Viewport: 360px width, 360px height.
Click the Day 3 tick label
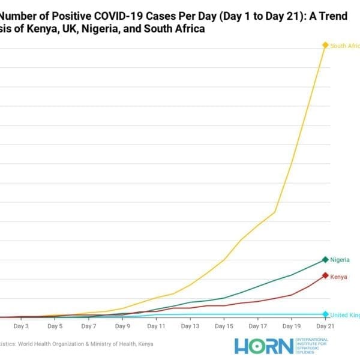(21, 326)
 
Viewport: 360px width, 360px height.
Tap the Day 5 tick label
(55, 326)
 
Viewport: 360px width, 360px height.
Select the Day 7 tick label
(88, 326)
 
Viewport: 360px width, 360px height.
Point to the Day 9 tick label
(122, 326)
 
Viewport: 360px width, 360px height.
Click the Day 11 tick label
(156, 326)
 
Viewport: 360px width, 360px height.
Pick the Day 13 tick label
(190, 326)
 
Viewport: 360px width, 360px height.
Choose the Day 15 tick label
(223, 326)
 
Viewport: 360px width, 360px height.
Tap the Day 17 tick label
(257, 326)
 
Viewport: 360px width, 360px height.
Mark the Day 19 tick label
(291, 326)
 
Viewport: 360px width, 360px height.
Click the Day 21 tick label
(325, 326)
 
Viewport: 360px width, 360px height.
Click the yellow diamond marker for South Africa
(325, 45)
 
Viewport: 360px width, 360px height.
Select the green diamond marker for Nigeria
(325, 260)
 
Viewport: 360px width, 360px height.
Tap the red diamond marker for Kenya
(325, 275)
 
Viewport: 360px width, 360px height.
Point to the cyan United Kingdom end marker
(325, 314)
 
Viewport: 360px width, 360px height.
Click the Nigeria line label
(340, 260)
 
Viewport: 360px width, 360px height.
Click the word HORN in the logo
(264, 346)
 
